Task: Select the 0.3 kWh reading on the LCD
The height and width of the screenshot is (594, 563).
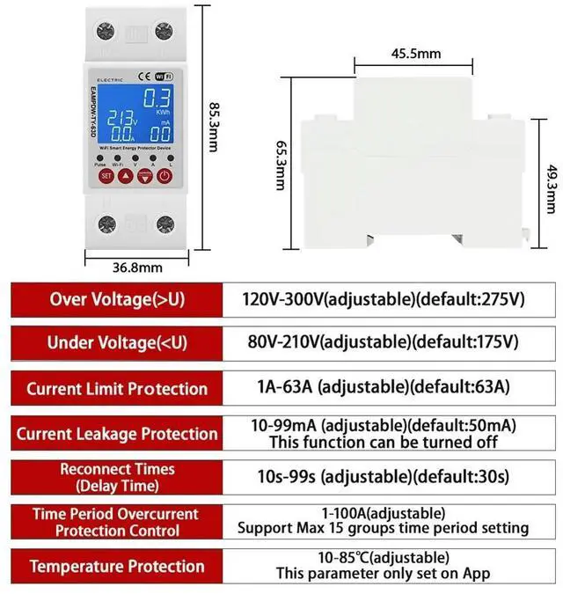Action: point(157,99)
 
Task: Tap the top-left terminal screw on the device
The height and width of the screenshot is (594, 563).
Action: point(105,32)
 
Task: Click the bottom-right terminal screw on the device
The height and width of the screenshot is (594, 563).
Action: point(164,224)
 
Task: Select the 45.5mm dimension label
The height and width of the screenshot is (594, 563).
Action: point(415,54)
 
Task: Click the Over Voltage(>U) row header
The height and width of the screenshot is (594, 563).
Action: point(117,299)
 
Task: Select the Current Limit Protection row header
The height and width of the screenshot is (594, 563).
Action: point(117,389)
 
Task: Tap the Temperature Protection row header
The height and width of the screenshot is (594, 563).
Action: point(117,566)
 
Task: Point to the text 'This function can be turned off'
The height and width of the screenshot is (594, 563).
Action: point(383,442)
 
